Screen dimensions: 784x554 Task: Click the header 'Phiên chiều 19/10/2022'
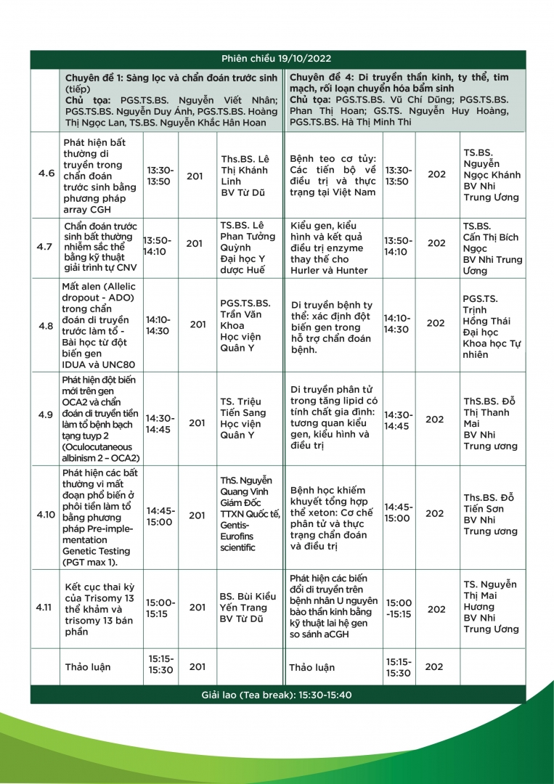[x=276, y=59]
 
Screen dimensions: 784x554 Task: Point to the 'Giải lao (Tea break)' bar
[x=276, y=695]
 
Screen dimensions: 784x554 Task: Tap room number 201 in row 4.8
[x=197, y=324]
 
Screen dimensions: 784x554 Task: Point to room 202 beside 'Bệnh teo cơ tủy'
[x=436, y=174]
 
